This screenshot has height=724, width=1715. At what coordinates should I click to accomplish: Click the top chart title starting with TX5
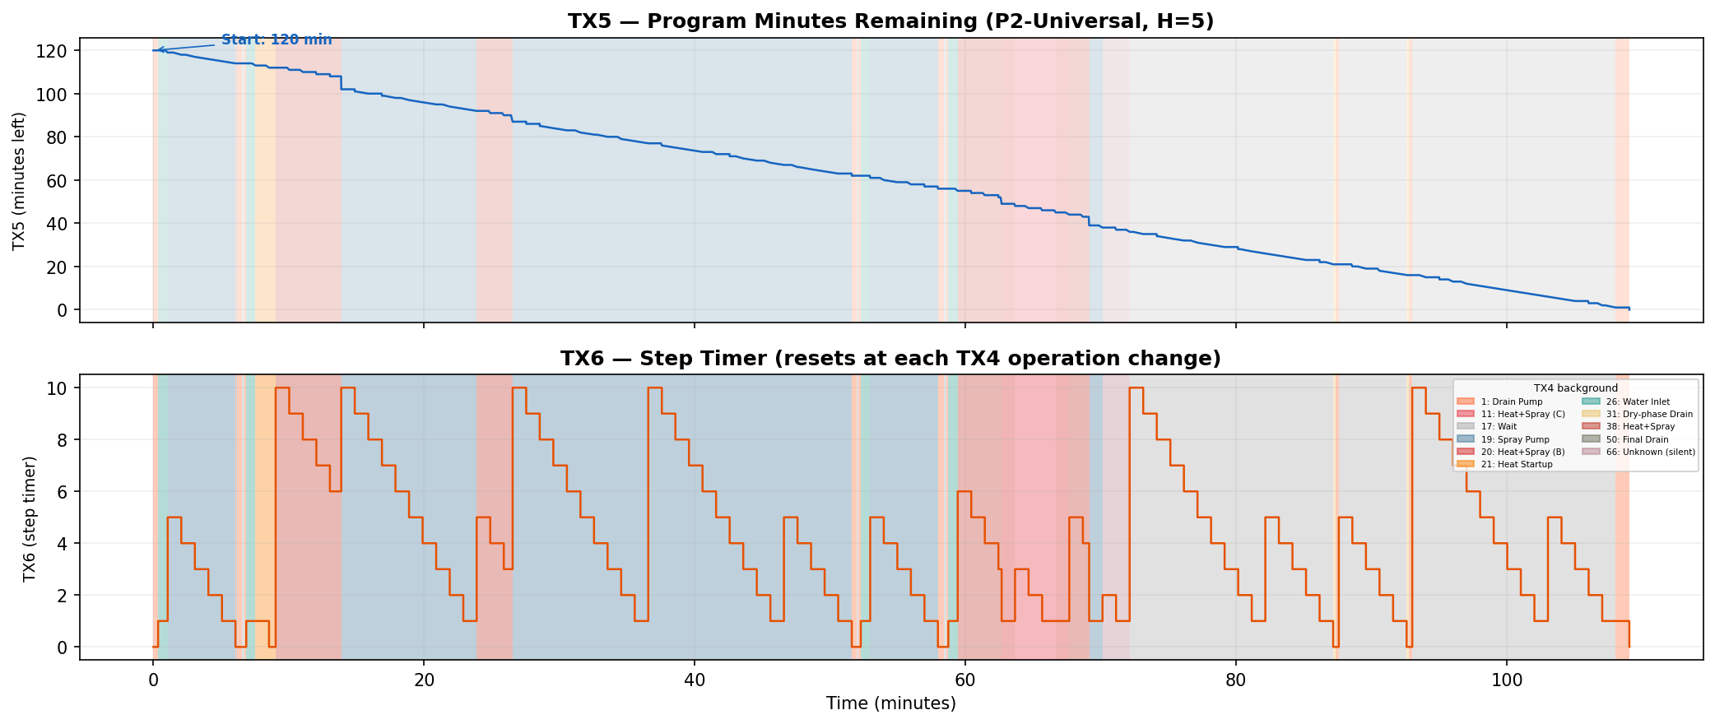(x=890, y=21)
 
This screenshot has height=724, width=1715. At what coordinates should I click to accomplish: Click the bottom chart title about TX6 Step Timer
(x=890, y=359)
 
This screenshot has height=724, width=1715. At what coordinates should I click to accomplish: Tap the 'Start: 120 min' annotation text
(x=277, y=39)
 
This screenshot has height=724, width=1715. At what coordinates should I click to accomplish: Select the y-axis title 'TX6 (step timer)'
(x=30, y=518)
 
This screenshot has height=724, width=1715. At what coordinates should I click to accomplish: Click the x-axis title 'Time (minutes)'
(x=890, y=703)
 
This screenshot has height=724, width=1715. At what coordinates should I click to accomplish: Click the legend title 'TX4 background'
(x=1575, y=388)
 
